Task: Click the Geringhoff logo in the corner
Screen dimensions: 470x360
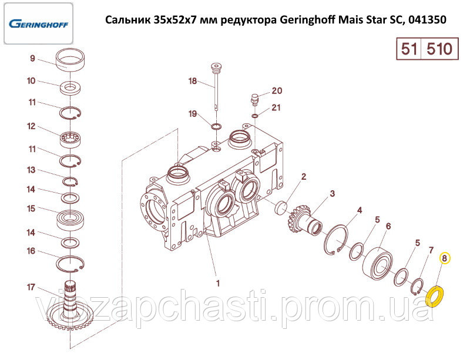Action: coord(38,23)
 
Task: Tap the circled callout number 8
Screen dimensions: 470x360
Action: coord(445,258)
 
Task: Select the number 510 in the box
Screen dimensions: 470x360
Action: coord(439,49)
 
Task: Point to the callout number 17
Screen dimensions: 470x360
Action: coord(31,287)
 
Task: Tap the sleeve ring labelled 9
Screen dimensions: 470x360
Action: coord(70,59)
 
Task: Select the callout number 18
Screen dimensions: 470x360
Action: coord(193,81)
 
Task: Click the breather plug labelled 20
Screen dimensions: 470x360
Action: coord(254,99)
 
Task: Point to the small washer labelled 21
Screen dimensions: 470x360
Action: coord(254,116)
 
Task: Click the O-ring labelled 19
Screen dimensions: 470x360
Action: coord(216,126)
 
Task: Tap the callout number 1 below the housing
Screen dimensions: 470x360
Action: coord(218,283)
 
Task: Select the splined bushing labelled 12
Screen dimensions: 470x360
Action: coord(70,139)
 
